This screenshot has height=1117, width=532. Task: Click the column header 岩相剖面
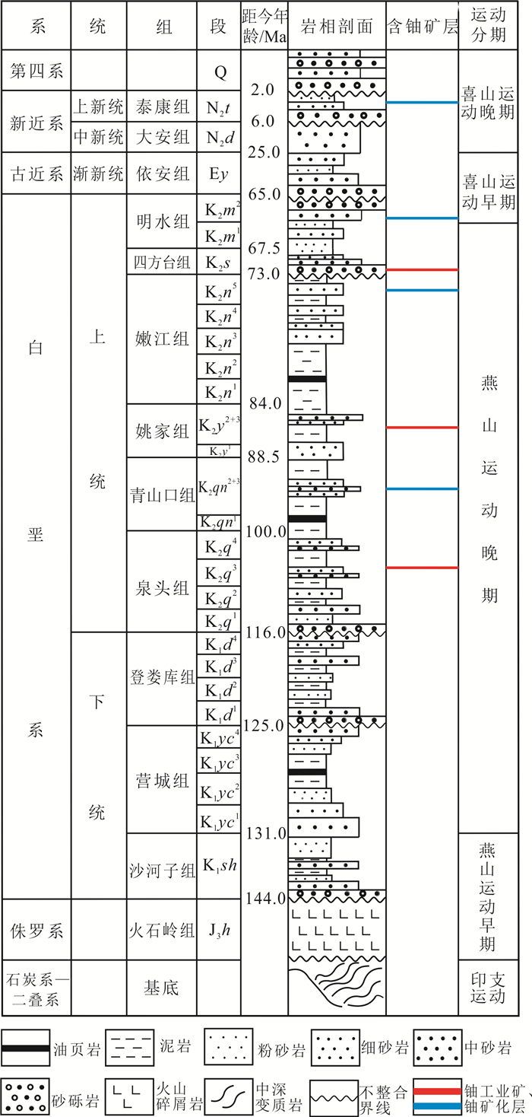point(337,27)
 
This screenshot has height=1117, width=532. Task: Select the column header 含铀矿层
point(422,27)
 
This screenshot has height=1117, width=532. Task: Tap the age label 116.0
point(264,632)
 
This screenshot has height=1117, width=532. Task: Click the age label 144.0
point(264,899)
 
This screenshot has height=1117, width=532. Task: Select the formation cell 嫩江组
point(161,339)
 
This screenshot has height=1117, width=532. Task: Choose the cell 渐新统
point(98,173)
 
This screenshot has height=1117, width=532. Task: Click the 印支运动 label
point(495,987)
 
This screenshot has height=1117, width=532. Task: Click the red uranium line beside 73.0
point(422,270)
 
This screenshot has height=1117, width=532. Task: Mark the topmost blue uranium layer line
point(422,102)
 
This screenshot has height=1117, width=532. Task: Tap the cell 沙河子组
point(161,866)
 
